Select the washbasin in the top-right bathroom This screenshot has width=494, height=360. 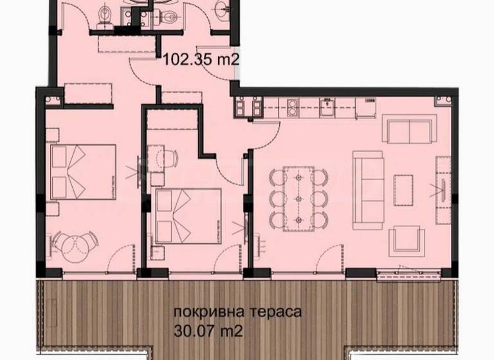pos(221,8)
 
